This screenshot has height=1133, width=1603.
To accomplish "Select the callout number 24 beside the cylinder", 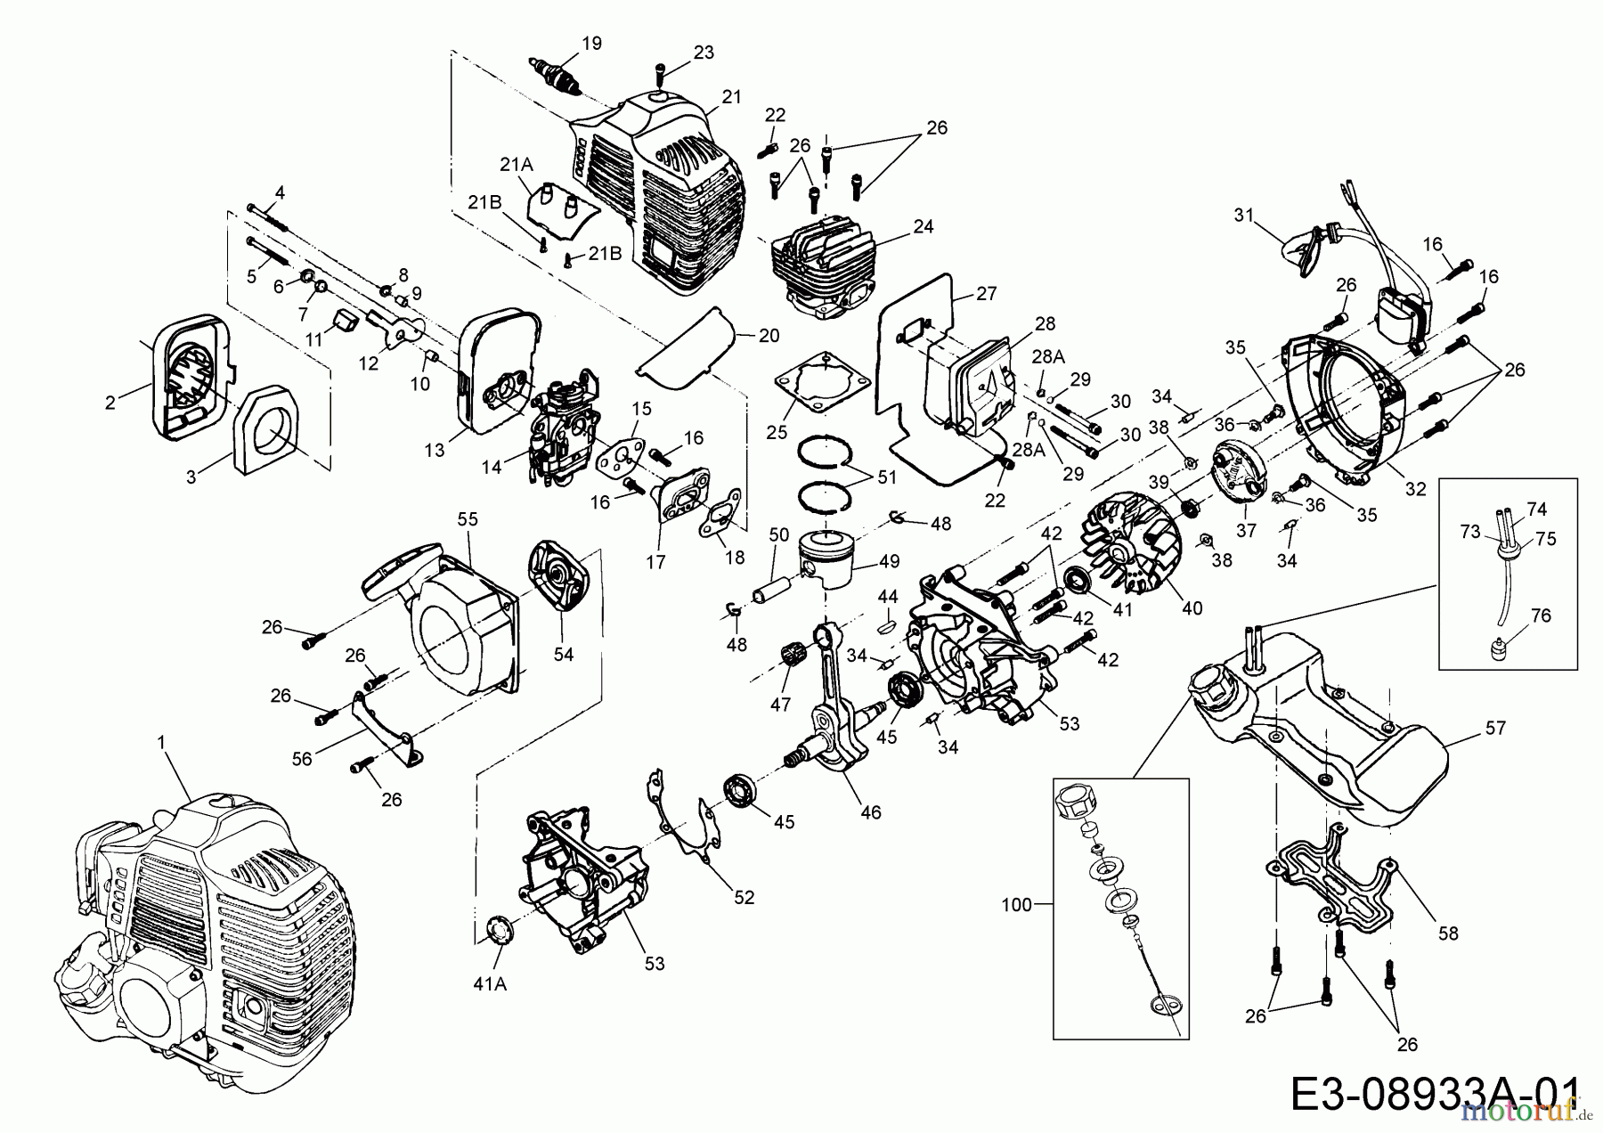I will [924, 227].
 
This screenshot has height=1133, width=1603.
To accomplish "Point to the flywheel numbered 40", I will [1131, 552].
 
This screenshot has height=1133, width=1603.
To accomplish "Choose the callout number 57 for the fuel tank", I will [1495, 728].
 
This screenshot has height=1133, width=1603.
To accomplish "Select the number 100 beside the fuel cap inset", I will [1015, 905].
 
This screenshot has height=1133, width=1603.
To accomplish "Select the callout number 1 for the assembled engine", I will [161, 741].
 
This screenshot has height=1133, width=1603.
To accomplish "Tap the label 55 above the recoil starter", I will [468, 519].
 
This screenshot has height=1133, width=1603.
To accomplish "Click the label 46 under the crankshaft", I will [871, 812].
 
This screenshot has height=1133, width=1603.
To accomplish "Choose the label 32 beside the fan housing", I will [1415, 488].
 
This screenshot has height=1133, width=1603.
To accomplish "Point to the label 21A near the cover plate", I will [517, 164].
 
